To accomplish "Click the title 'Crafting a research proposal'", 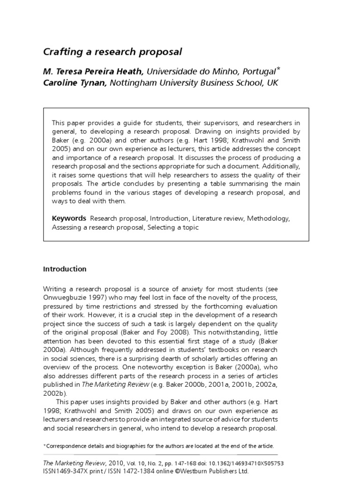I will (x=112, y=51).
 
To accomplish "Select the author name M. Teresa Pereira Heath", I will (x=94, y=71).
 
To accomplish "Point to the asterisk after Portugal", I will (x=278, y=68).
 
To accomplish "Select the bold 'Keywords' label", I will (x=69, y=218).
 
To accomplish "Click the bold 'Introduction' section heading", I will (x=65, y=269).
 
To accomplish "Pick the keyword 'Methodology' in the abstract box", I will (x=268, y=218).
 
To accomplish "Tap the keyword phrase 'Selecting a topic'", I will (x=173, y=227).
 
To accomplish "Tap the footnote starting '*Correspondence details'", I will (x=158, y=446).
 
